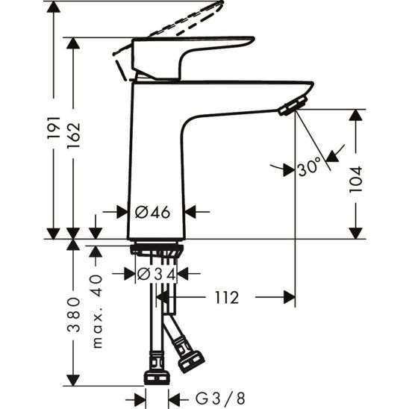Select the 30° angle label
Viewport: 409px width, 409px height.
308,169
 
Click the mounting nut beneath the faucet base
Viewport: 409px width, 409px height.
157,252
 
